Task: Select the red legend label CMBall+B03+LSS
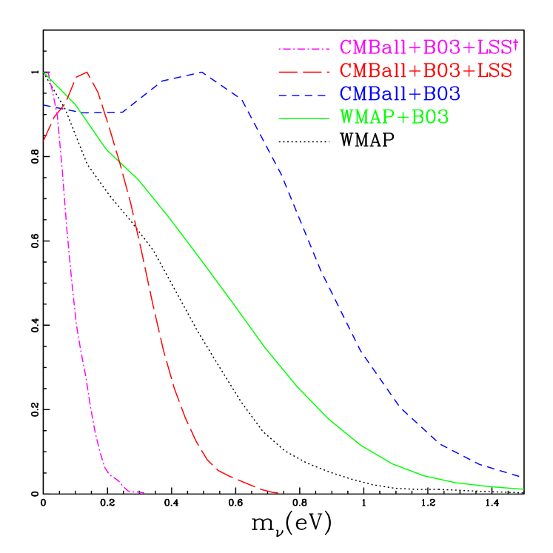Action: (x=426, y=71)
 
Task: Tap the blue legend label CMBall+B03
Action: (x=400, y=94)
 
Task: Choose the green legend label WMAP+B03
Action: (x=394, y=118)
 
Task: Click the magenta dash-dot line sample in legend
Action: (x=304, y=49)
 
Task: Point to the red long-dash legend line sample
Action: (x=304, y=72)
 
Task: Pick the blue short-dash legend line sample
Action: (x=304, y=95)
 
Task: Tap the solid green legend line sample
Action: (x=304, y=118)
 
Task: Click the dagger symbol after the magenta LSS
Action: (x=515, y=45)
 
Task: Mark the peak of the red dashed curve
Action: (x=87, y=72)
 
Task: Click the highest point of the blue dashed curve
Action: (x=201, y=73)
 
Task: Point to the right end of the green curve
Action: (x=523, y=489)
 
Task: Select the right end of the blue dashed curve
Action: (x=521, y=477)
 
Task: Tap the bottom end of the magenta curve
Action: (x=147, y=492)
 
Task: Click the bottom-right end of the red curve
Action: (x=278, y=492)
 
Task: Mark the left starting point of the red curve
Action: (x=44, y=140)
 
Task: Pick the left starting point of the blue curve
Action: (x=44, y=104)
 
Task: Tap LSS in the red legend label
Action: (x=492, y=71)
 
